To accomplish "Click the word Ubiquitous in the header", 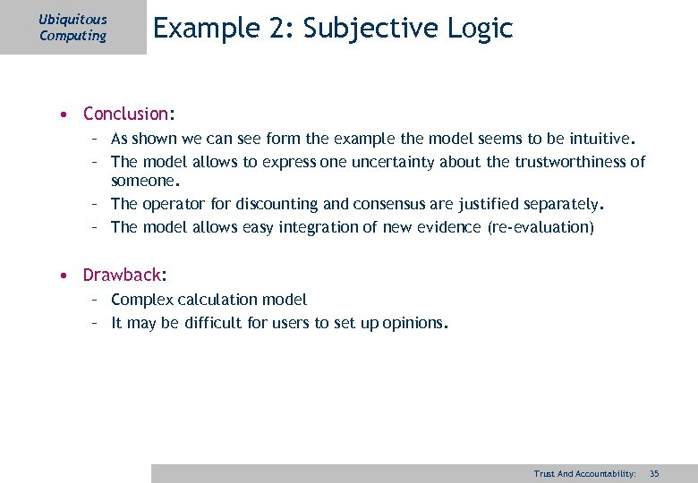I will coord(73,19).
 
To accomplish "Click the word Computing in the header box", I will coord(72,36).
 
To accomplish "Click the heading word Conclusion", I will coord(125,114).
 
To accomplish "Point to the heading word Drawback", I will coord(122,275).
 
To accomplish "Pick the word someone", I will coord(145,180).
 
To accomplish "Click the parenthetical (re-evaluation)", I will coord(541,227).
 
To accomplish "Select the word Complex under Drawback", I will coord(141,300).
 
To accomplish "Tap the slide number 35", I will coord(653,473).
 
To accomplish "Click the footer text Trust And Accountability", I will coord(584,473).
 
